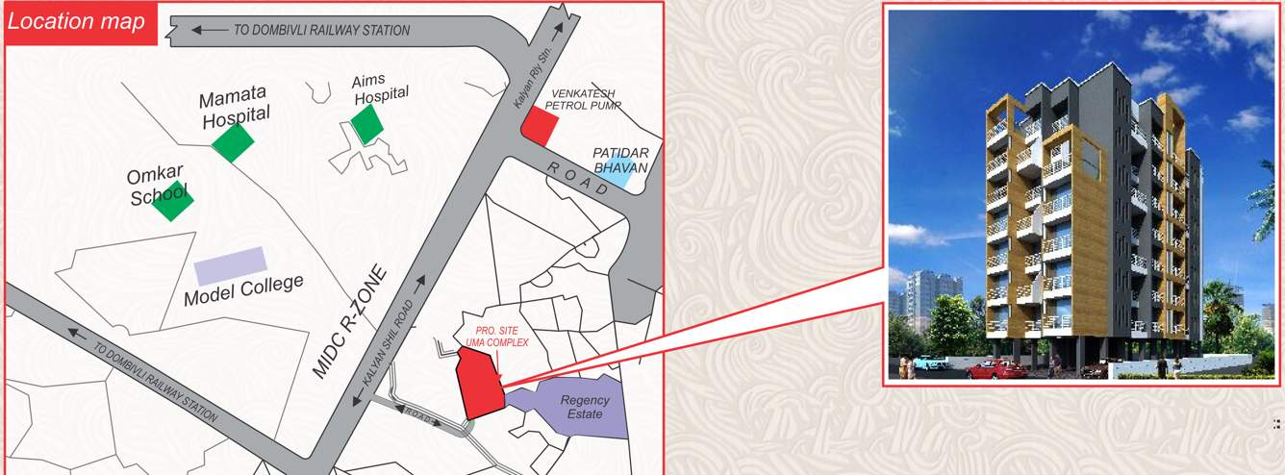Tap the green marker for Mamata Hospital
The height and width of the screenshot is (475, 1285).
233,142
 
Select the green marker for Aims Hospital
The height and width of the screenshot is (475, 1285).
366,124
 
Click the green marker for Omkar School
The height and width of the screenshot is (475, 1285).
172,200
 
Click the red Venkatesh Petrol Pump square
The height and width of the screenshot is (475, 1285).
539,126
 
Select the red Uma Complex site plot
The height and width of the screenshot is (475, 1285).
478,385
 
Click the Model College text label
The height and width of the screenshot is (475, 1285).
243,289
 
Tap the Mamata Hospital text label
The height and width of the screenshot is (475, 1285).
235,107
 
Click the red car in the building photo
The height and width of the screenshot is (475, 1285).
995,368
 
